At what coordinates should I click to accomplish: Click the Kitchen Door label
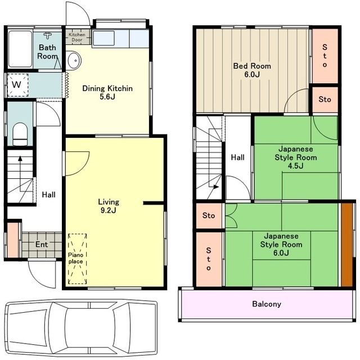77,37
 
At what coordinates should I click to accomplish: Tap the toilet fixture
20,134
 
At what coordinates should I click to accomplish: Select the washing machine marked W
17,85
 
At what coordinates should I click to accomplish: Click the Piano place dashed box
78,259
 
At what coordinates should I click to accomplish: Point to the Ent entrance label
42,244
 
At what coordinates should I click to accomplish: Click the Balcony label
267,304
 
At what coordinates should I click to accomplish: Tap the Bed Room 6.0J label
252,70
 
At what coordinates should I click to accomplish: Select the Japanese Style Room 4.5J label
296,157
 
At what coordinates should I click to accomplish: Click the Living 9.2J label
109,206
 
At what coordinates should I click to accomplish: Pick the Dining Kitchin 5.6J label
107,92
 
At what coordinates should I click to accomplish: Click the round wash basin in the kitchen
74,60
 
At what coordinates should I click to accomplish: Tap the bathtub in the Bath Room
20,49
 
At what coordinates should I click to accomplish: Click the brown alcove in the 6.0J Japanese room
346,245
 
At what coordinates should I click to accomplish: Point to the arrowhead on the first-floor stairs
20,158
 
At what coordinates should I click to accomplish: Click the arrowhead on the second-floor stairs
216,187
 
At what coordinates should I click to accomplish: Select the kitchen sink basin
103,38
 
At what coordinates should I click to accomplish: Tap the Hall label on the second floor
237,157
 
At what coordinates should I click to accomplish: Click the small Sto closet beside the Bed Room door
325,100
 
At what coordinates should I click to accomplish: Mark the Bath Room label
47,52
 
